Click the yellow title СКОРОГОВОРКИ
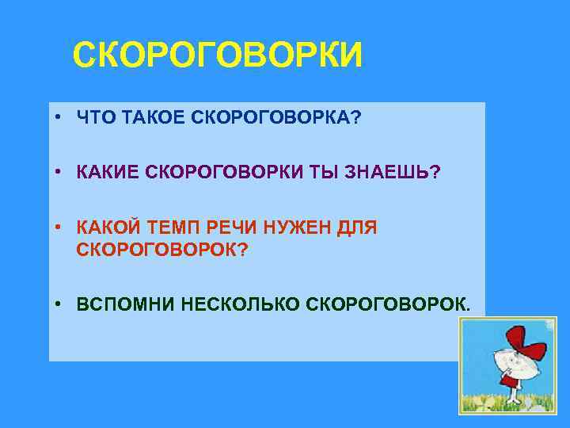(218, 57)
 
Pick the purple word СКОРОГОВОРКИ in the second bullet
(218, 174)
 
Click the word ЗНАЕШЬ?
(391, 174)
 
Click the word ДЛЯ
(358, 228)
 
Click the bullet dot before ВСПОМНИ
(59, 304)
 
